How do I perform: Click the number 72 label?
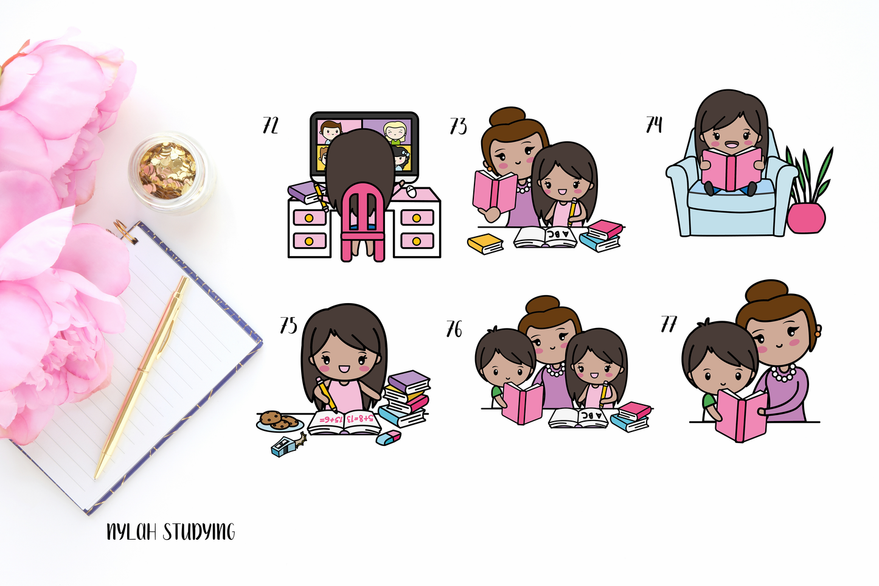pos(270,125)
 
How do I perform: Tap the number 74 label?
pos(654,124)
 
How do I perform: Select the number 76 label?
pos(454,329)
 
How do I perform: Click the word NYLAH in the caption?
pos(132,532)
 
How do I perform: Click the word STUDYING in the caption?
pos(199,532)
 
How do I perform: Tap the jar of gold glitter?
pos(169,172)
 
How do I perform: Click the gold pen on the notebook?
pos(142,377)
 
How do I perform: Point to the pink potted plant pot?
pos(806,218)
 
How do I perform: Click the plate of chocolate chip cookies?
pos(280,420)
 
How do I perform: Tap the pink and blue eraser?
pos(389,438)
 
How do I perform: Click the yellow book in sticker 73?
pos(485,243)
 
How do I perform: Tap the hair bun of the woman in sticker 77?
pos(766,291)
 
